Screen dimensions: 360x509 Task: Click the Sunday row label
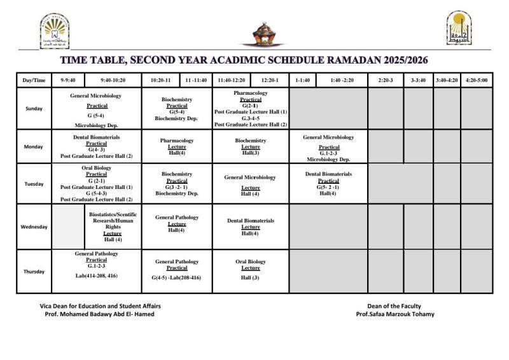pos(34,108)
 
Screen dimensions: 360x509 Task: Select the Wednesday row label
pos(34,227)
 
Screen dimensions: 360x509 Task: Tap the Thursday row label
pos(34,272)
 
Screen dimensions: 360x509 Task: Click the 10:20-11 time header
pos(160,80)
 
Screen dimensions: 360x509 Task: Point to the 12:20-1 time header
pos(270,80)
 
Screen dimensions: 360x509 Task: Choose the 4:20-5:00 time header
pos(476,80)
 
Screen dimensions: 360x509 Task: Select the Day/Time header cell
pos(34,80)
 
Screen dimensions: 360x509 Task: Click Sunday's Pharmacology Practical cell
pos(251,108)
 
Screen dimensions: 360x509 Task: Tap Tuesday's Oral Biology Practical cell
pos(97,184)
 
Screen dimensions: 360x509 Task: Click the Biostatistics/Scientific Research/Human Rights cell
pos(113,227)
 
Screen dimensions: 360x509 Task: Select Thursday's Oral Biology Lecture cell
pos(251,269)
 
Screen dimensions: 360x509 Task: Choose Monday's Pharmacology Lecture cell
pos(177,146)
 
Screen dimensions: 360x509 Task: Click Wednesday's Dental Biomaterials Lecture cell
pos(251,227)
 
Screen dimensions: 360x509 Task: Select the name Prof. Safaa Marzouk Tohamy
pos(395,314)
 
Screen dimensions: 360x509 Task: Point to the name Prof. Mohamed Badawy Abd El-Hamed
pos(99,314)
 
